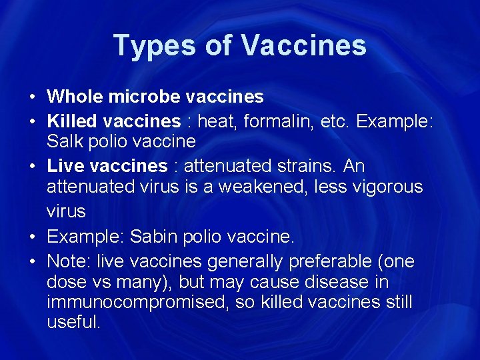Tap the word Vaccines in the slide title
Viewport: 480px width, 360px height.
pyautogui.click(x=303, y=46)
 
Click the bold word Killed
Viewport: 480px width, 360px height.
pyautogui.click(x=71, y=121)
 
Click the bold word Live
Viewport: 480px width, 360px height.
pyautogui.click(x=64, y=165)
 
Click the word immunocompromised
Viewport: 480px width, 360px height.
pyautogui.click(x=130, y=303)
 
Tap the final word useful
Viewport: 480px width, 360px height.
pyautogui.click(x=73, y=323)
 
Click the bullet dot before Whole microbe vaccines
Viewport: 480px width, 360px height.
pyautogui.click(x=33, y=97)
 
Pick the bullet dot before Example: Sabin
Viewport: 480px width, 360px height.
pyautogui.click(x=33, y=237)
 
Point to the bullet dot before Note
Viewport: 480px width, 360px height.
pyautogui.click(x=33, y=261)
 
